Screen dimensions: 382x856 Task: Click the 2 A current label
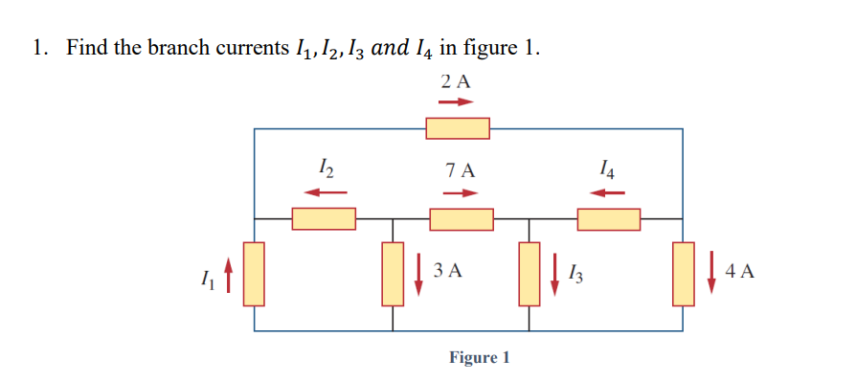coord(457,81)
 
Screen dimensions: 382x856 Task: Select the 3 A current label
coord(448,271)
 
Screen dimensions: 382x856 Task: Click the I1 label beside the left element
coord(207,279)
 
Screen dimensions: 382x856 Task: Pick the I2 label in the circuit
coord(325,171)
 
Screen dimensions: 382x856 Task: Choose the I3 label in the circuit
coord(575,274)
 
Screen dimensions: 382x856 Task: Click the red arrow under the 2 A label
coord(457,102)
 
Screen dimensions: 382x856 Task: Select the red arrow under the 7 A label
coord(461,193)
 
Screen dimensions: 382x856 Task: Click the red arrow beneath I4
coord(607,193)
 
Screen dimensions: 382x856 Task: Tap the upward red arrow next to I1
coord(228,276)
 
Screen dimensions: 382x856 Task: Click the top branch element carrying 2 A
coord(458,127)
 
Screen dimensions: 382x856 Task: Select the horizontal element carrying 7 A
coord(461,219)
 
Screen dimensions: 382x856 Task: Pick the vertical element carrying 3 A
coord(393,273)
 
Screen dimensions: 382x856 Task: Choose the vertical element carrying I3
coord(529,273)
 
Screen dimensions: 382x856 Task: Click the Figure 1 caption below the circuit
coord(480,358)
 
